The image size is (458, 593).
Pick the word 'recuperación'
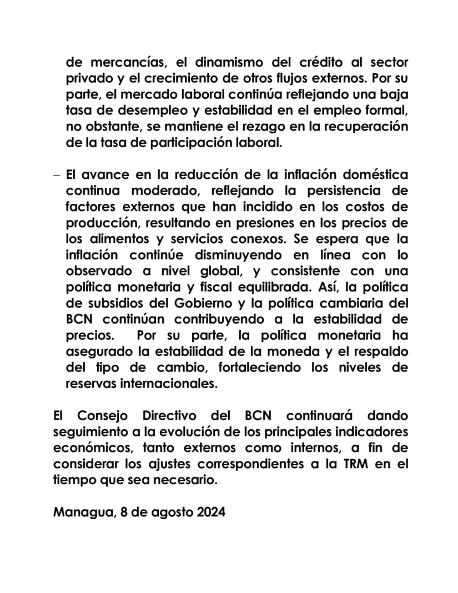(x=370, y=126)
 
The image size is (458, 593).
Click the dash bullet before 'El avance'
(x=57, y=175)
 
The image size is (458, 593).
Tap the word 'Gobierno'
(x=198, y=304)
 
